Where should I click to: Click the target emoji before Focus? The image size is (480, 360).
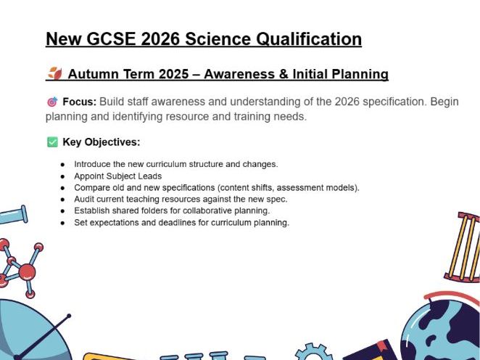point(51,102)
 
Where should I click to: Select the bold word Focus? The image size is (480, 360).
point(79,102)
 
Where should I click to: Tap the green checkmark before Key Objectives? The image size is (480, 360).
point(52,142)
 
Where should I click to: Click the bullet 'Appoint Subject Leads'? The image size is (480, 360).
point(117,176)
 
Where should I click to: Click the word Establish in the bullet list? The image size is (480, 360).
point(91,210)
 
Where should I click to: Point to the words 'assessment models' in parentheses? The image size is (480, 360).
point(319,187)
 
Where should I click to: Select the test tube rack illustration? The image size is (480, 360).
point(464,247)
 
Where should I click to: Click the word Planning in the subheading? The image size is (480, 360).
point(358,74)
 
